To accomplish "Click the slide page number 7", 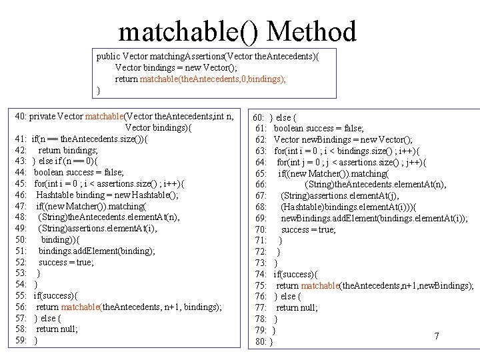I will [437, 336].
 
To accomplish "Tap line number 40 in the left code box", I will [20, 117].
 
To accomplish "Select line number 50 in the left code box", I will [20, 239].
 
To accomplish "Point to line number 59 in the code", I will [20, 341].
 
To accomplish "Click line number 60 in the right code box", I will [261, 118].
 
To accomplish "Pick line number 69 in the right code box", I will [261, 219].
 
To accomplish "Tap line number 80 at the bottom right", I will [261, 342].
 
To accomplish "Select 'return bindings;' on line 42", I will [68, 150].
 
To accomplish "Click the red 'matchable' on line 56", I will [81, 307].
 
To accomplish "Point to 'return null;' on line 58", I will [57, 329].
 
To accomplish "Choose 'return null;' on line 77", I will [297, 308].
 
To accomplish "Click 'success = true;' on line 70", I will [309, 230].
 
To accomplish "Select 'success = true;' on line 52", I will [66, 262].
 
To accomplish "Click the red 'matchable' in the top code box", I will [161, 79].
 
